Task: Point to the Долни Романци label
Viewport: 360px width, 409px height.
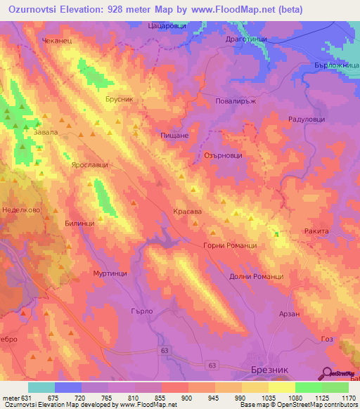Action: click(256, 276)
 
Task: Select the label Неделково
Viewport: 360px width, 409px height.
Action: click(20, 209)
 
